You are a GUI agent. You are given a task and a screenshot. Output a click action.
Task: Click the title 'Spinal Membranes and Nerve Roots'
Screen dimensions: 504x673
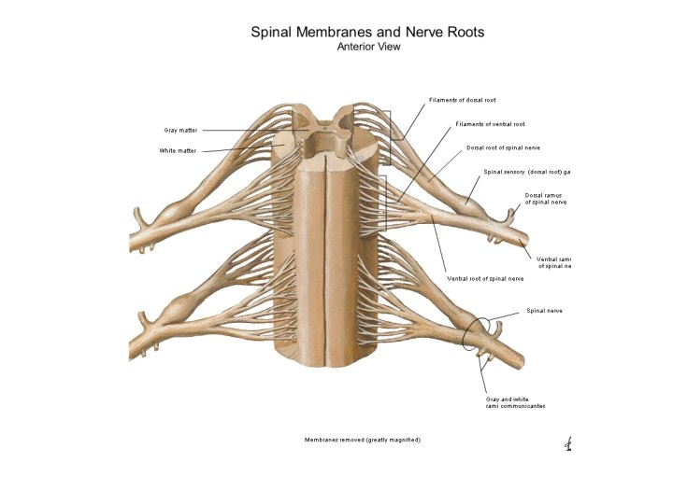coord(367,32)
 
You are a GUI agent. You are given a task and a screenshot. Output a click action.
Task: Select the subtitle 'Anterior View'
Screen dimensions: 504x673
coord(367,47)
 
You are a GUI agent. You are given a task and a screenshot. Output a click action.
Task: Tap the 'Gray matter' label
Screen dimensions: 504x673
coord(180,130)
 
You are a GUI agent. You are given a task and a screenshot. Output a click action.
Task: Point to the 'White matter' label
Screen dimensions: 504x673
coord(178,150)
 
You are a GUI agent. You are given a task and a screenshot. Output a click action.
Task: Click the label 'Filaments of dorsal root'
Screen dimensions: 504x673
coord(462,99)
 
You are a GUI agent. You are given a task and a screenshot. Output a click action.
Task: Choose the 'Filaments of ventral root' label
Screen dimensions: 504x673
coord(490,123)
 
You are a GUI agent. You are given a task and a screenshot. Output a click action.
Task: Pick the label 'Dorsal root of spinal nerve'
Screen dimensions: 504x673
coord(503,147)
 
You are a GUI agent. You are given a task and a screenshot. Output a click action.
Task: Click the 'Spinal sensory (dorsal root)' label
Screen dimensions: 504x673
coord(526,172)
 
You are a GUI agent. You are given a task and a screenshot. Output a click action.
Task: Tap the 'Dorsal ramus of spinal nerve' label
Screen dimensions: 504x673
coord(545,198)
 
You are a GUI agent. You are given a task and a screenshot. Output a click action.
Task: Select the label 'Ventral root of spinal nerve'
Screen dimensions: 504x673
coord(483,278)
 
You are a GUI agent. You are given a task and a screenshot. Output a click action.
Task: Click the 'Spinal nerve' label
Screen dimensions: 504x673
coord(544,310)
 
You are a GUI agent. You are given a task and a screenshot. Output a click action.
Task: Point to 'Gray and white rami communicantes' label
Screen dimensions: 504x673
coord(515,402)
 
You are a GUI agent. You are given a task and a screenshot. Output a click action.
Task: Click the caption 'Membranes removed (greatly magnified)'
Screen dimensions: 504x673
coord(363,439)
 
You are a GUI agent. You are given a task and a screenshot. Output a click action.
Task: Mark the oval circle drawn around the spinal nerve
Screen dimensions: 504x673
coord(475,334)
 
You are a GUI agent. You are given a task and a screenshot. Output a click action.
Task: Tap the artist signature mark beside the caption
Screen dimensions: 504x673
coord(567,444)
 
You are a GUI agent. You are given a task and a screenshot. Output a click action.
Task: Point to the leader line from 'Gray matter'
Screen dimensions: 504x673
coord(243,130)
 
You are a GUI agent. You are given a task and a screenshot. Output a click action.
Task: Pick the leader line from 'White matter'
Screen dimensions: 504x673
coord(238,149)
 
